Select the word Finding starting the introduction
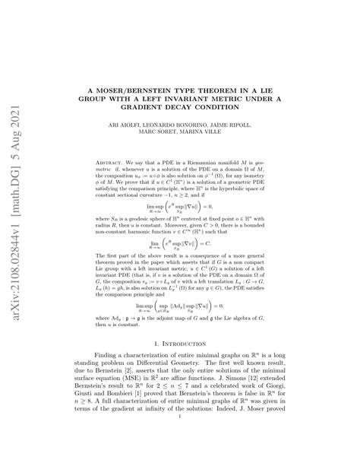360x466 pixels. (x=108, y=355)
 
